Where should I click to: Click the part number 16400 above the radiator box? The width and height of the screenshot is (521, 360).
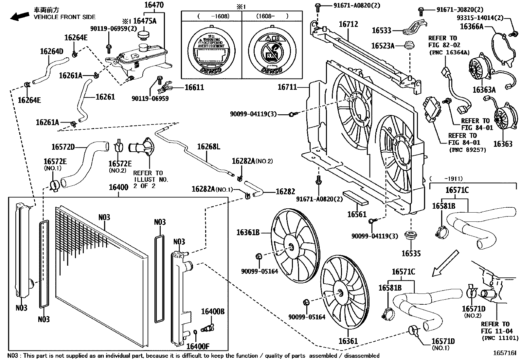[118, 187]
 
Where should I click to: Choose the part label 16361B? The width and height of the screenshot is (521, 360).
[248, 233]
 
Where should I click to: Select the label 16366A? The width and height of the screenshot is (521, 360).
[472, 26]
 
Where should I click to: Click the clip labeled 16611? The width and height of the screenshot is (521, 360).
[165, 88]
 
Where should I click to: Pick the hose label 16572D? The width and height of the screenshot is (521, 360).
[63, 147]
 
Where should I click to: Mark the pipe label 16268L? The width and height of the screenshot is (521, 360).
[208, 146]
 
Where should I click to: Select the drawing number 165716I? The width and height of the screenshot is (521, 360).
[505, 353]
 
